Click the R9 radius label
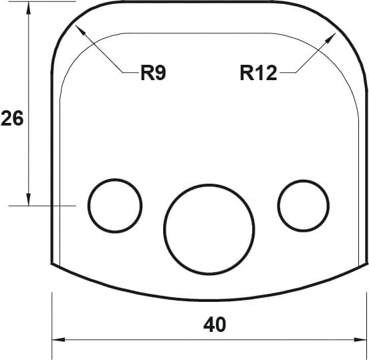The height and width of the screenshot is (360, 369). (153, 72)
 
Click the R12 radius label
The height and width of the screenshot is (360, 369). (258, 72)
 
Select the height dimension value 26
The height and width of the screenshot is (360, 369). (11, 119)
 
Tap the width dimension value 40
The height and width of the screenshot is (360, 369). (215, 325)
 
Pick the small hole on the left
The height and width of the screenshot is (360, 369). (116, 205)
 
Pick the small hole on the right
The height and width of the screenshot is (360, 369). (304, 204)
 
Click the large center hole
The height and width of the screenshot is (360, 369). (209, 228)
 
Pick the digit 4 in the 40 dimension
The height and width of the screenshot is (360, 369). (209, 325)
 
